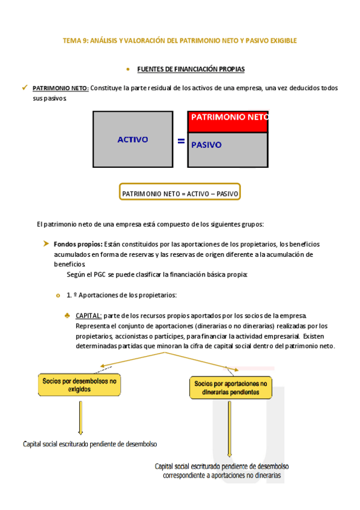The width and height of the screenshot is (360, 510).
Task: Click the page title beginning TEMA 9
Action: [180, 41]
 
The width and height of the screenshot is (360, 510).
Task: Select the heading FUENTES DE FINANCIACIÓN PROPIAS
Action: [191, 69]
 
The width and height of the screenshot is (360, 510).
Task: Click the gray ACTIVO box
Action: [132, 140]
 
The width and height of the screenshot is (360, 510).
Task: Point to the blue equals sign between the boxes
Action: [181, 142]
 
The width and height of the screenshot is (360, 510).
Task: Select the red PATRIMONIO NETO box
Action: [228, 121]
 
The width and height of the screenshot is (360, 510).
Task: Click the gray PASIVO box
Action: [228, 149]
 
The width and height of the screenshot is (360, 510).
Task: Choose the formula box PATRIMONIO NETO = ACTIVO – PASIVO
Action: [180, 194]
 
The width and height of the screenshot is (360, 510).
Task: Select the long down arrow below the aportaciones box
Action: [229, 431]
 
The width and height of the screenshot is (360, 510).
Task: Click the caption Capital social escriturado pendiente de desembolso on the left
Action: [90, 444]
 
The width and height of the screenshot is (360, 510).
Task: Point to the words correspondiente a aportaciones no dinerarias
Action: [222, 475]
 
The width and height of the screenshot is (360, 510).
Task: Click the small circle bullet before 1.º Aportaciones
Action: [58, 295]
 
